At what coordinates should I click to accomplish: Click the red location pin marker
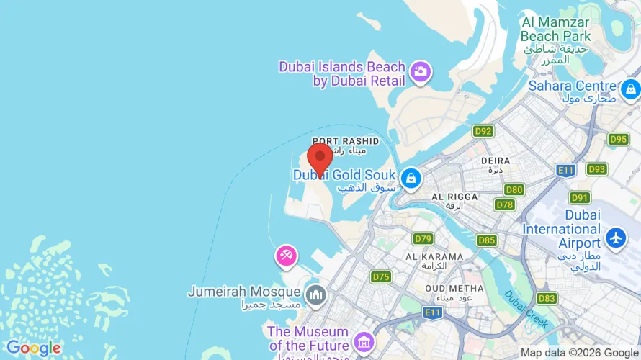coord(320,156)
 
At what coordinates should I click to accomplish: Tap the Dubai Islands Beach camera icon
coord(420,71)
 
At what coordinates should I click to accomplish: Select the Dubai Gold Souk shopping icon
coord(411,178)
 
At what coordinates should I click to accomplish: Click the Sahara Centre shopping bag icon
coord(631,89)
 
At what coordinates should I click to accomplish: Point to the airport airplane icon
coord(616,238)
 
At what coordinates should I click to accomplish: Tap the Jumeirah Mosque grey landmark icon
coord(315,294)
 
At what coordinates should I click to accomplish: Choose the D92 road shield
coord(483,131)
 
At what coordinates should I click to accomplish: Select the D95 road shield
coord(618,139)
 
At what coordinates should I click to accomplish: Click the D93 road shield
coord(596,169)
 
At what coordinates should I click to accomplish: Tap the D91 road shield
coord(580,197)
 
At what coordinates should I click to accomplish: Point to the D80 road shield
coord(514,190)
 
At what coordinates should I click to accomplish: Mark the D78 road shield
coord(506,204)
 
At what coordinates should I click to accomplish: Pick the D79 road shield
coord(423,238)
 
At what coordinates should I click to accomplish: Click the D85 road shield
coord(487,240)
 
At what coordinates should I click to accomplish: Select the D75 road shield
coord(381,276)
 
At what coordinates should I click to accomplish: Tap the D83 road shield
coord(547,298)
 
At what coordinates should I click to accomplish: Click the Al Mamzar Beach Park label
coord(555,29)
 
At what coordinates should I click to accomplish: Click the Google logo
coord(34,348)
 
